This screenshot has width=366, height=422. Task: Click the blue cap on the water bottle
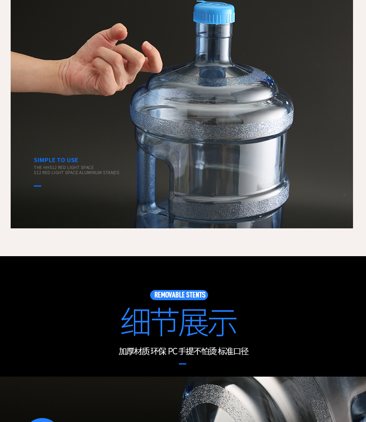point(214,13)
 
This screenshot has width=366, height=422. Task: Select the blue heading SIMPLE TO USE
point(56,160)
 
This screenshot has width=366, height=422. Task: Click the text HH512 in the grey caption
point(50,167)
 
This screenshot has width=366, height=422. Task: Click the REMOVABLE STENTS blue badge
point(179,295)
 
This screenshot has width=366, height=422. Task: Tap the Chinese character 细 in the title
point(135,322)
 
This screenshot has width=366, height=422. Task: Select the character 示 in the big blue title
point(222,322)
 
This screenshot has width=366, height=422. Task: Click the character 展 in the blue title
point(193,322)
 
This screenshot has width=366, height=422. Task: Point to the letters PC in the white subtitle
point(172,351)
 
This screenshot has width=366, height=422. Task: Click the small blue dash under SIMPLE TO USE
point(38,186)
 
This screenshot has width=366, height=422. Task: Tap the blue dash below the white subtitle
point(183,364)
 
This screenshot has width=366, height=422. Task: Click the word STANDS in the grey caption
point(111,172)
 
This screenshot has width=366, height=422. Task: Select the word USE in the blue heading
point(72,160)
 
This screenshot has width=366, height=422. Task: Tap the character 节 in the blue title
point(164,322)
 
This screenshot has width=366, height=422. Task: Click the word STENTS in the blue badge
point(196,295)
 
